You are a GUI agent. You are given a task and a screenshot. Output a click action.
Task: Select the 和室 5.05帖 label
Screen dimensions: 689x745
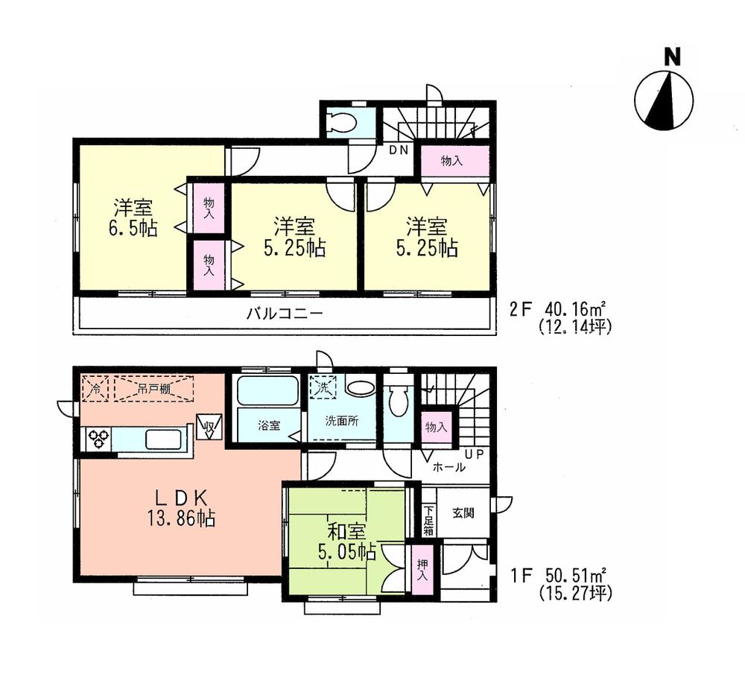[x=346, y=542]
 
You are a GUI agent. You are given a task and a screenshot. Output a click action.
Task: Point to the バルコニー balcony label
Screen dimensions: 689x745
[x=285, y=314]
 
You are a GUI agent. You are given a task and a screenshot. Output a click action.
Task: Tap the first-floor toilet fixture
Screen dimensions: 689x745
[x=399, y=403]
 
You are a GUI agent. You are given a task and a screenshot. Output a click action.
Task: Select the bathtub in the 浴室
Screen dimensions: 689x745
[x=267, y=390]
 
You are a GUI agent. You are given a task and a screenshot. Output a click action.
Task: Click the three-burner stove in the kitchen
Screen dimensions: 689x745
[x=98, y=439]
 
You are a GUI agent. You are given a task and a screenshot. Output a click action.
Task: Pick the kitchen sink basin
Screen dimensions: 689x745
[x=163, y=439]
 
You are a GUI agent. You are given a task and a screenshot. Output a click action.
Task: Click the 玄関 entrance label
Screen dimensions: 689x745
[x=463, y=512]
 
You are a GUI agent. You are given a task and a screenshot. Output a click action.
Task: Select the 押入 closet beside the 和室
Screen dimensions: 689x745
[x=420, y=571]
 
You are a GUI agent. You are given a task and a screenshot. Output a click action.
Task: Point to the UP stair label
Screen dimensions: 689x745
[x=473, y=453]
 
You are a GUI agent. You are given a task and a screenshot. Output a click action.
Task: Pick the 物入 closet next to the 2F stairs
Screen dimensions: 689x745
[x=454, y=161]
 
